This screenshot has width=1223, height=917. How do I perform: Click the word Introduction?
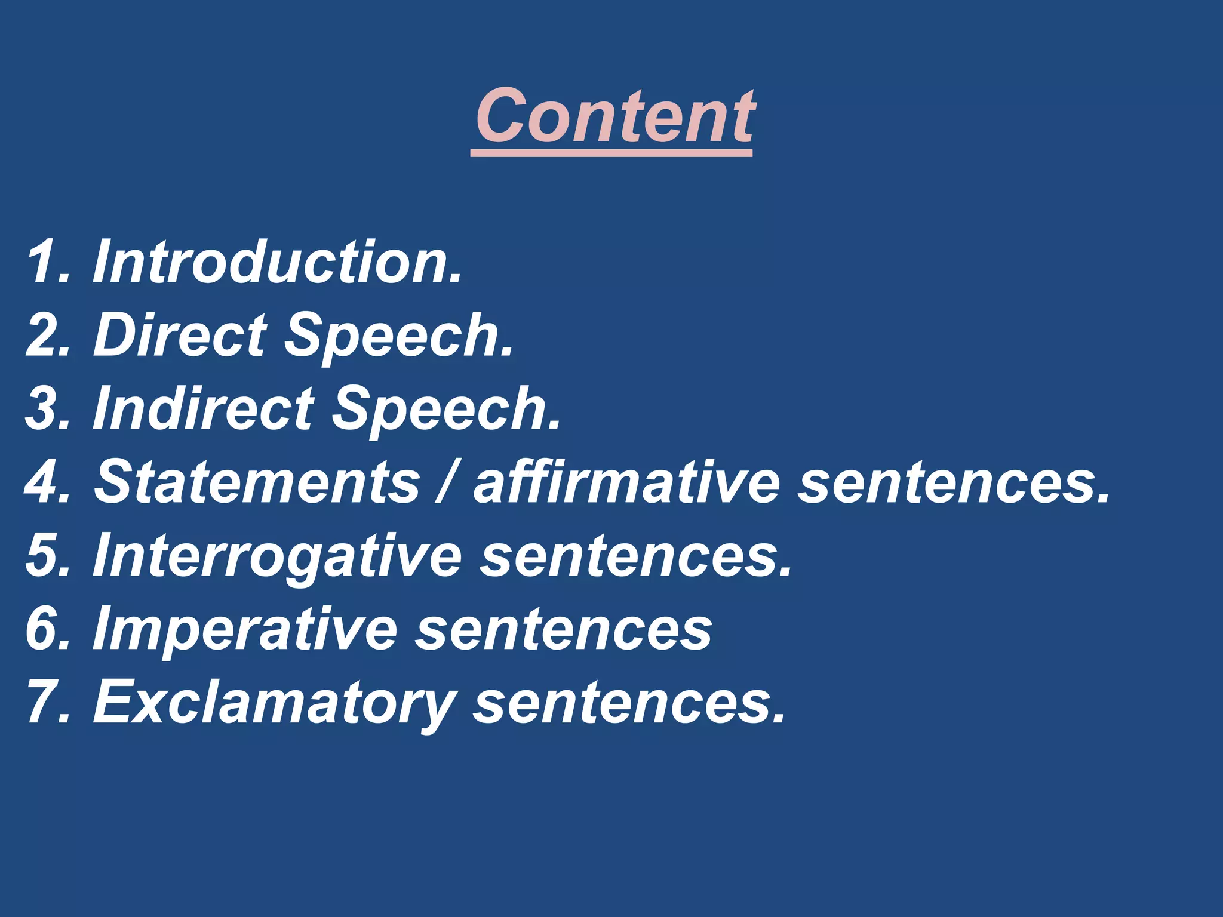(x=277, y=262)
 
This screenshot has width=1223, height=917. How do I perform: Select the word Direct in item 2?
(x=180, y=336)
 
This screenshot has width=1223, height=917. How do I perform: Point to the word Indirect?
(x=203, y=409)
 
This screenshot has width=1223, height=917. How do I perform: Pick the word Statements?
(x=257, y=482)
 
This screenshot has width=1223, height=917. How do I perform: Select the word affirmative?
(x=626, y=482)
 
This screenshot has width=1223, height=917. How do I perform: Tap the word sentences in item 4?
(x=954, y=482)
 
